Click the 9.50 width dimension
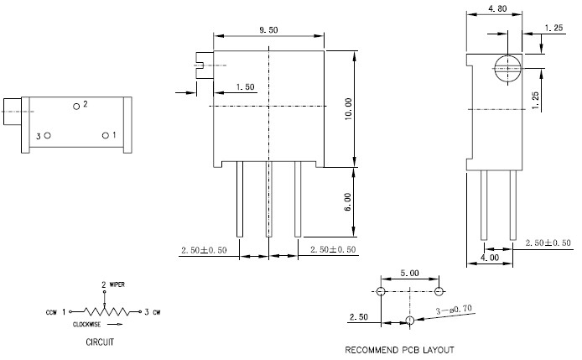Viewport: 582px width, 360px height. (x=269, y=29)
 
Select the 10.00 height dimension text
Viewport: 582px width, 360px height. (x=348, y=107)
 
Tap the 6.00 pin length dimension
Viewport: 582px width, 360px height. (x=348, y=202)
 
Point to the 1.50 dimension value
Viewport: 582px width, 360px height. (x=246, y=86)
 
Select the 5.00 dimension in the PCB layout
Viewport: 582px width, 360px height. (x=409, y=274)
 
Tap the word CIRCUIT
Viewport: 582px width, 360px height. (x=100, y=342)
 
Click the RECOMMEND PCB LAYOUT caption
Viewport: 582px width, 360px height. (x=399, y=349)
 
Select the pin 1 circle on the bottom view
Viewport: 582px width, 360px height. (x=106, y=135)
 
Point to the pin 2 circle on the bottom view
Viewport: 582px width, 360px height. (x=76, y=106)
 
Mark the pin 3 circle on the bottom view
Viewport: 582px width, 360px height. (x=48, y=135)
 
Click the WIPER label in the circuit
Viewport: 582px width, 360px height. (x=117, y=285)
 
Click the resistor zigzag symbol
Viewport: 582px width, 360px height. (x=103, y=310)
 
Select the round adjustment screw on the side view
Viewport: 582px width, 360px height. (x=506, y=69)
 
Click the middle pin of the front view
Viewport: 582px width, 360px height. (x=269, y=201)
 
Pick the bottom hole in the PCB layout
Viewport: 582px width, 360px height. (x=409, y=321)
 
